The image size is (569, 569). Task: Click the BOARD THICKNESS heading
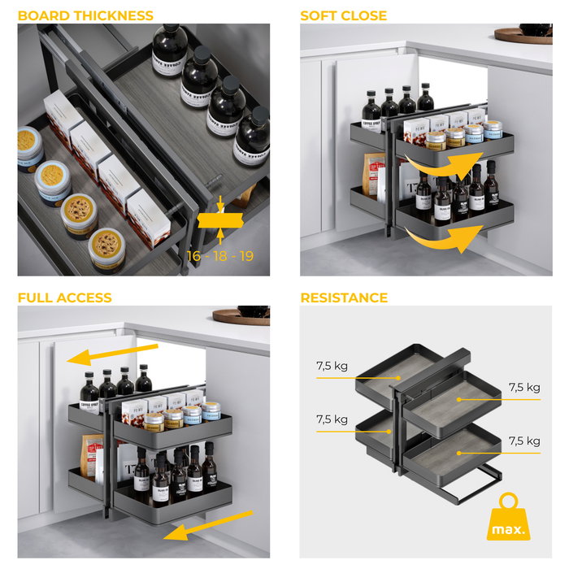coord(85,15)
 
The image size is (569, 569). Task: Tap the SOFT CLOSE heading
coord(343,15)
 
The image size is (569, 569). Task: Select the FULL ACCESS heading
coord(64,298)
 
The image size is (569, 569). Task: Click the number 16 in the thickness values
coord(194,256)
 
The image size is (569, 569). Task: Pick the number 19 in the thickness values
coord(245,256)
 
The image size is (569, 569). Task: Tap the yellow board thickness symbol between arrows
coord(220,219)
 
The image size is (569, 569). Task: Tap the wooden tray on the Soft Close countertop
coord(523,35)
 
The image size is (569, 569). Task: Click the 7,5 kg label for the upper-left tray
coord(332,366)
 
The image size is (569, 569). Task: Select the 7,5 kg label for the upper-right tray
coord(524,387)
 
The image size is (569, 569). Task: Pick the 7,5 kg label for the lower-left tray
coord(332,419)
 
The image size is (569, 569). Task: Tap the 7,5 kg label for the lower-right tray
coord(524,441)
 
